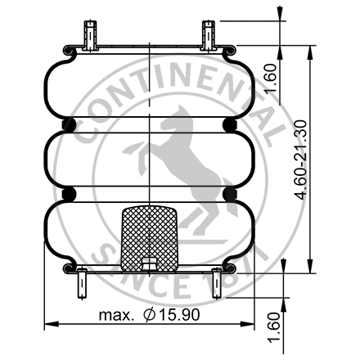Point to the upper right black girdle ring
coord(229,124)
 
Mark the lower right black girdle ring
coord(229,194)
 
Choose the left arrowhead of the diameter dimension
coord(47,323)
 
